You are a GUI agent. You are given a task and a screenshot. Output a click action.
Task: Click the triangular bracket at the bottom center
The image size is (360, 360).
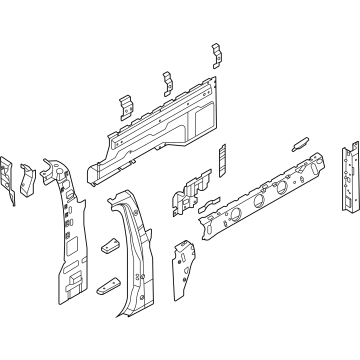click(x=184, y=270)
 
